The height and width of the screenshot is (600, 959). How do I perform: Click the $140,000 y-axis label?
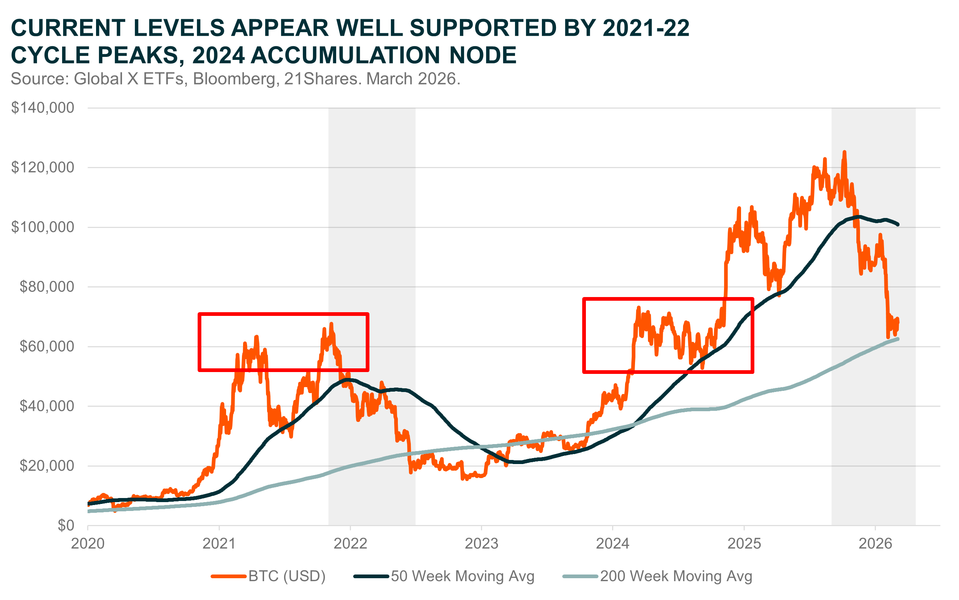pos(42,108)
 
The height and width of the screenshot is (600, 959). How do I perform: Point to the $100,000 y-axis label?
pos(42,227)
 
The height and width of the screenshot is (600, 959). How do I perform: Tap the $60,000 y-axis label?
pos(47,347)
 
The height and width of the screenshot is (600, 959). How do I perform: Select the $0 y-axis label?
pos(66,525)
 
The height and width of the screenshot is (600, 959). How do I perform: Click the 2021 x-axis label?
pos(219,543)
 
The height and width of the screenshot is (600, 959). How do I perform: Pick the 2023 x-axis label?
pos(481,543)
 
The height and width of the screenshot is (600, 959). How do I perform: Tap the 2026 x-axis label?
pos(875,543)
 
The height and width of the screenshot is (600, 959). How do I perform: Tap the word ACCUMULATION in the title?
pos(345,55)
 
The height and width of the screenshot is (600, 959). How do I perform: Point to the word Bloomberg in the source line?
pos(234,79)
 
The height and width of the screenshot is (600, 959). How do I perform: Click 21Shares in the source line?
pos(322,79)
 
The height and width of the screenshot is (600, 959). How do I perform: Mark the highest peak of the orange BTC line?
pos(844,152)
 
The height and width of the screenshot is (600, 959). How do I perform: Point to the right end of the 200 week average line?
pos(898,339)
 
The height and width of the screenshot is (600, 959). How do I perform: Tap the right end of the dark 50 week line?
pos(898,225)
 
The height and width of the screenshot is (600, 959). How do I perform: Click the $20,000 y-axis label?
pos(47,466)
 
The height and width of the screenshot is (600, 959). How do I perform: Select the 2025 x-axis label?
pos(744,543)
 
